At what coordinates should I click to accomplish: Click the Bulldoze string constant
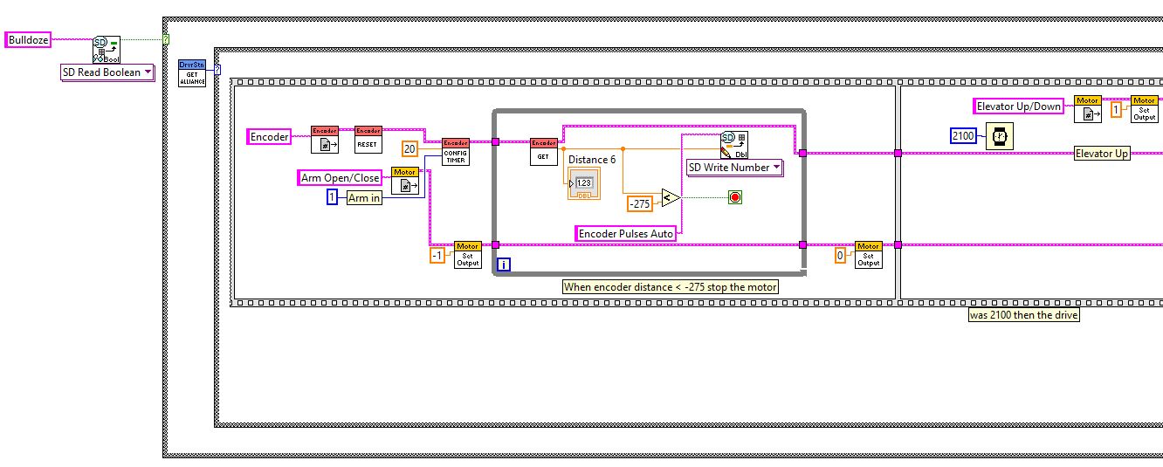(29, 40)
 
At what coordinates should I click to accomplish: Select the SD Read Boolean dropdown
(107, 72)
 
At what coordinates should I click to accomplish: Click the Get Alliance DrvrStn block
(191, 73)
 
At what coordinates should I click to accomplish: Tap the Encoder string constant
(270, 137)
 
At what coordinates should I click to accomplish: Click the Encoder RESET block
(368, 140)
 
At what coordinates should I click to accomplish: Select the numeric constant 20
(409, 148)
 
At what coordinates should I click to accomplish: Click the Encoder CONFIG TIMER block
(455, 151)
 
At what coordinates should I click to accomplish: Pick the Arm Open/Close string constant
(341, 178)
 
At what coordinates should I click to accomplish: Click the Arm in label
(364, 198)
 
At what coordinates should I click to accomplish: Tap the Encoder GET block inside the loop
(543, 151)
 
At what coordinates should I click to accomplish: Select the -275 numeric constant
(641, 204)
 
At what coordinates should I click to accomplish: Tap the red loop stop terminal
(734, 198)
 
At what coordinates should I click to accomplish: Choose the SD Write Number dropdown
(735, 168)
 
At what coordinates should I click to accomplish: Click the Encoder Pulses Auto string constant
(626, 234)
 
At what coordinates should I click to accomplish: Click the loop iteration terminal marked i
(504, 264)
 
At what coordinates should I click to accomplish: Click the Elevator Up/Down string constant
(1019, 106)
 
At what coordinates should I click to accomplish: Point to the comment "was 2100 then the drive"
(1023, 315)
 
